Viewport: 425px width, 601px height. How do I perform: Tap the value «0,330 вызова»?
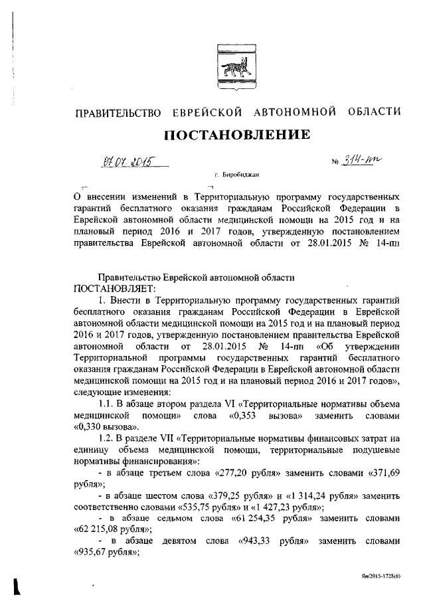click(x=109, y=426)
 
